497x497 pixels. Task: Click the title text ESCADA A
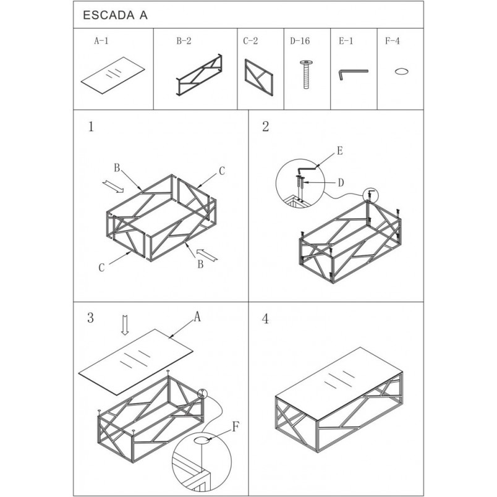pyautogui.click(x=115, y=15)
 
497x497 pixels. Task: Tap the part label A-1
pyautogui.click(x=101, y=41)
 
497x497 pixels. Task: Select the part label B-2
pyautogui.click(x=184, y=41)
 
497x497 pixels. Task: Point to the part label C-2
pyautogui.click(x=250, y=41)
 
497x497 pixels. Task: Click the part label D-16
pyautogui.click(x=300, y=41)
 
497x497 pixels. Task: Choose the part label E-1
pyautogui.click(x=346, y=41)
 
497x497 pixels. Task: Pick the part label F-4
pyautogui.click(x=393, y=41)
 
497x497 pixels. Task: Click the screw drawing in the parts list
pyautogui.click(x=307, y=74)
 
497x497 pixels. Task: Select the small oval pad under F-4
pyautogui.click(x=401, y=71)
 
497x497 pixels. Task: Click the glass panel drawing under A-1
pyautogui.click(x=113, y=75)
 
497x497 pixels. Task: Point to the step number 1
pyautogui.click(x=91, y=127)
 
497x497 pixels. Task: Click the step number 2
pyautogui.click(x=266, y=126)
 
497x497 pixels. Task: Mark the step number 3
pyautogui.click(x=90, y=318)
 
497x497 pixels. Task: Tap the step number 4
pyautogui.click(x=265, y=319)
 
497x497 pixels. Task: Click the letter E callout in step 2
pyautogui.click(x=340, y=151)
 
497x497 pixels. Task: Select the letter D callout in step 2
pyautogui.click(x=341, y=182)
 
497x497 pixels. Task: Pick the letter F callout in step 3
pyautogui.click(x=235, y=427)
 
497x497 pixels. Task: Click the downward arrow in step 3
pyautogui.click(x=125, y=325)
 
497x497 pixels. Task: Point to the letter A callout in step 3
pyautogui.click(x=197, y=316)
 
